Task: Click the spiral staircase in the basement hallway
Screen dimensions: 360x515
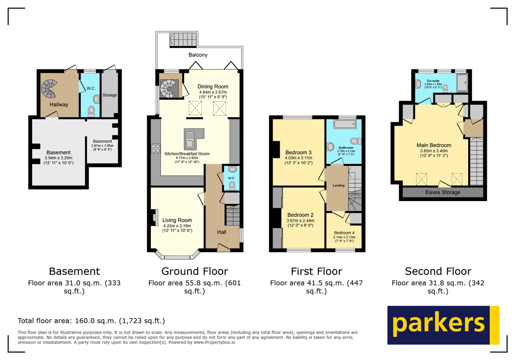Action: [49, 89]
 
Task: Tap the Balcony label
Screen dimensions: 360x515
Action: [198, 55]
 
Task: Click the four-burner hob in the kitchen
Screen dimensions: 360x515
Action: [155, 148]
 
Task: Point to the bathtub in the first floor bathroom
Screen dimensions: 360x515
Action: [345, 124]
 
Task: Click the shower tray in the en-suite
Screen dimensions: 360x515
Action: [462, 83]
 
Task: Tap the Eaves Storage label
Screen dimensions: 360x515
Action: [443, 192]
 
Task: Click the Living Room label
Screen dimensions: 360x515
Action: [177, 220]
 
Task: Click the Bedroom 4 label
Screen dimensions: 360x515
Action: [344, 233]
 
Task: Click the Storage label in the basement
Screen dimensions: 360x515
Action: [109, 95]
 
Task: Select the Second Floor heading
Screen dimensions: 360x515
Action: [438, 271]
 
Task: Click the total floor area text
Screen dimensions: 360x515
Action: [91, 321]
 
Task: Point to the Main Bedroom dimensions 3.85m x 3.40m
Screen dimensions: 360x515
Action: [434, 151]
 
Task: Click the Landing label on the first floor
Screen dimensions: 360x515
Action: [338, 185]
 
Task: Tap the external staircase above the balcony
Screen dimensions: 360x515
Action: [183, 40]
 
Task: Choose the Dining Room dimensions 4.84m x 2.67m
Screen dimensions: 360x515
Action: [213, 92]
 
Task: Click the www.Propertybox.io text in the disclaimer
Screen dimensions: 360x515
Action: [214, 342]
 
